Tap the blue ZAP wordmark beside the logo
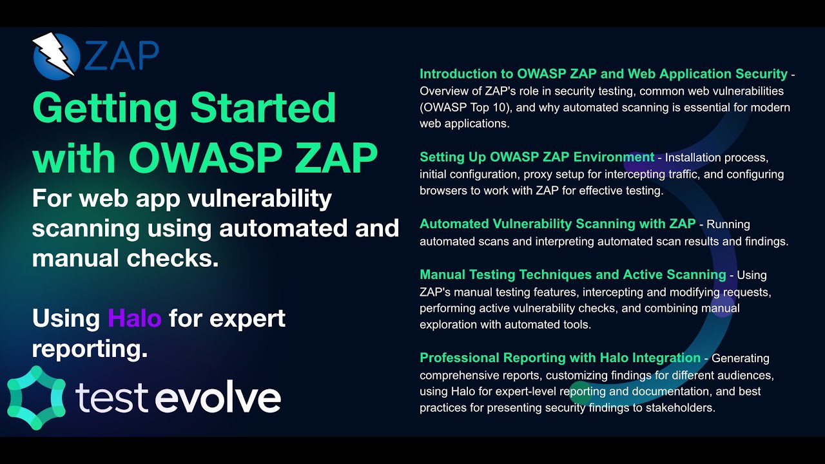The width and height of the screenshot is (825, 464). (x=121, y=57)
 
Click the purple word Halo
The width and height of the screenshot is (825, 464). (x=134, y=318)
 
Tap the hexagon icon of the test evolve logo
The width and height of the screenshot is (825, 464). (x=37, y=398)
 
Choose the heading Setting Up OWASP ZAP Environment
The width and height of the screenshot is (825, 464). (x=537, y=157)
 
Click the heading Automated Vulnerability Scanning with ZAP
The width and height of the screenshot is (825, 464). (x=558, y=224)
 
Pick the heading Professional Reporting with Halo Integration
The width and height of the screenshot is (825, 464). (x=559, y=358)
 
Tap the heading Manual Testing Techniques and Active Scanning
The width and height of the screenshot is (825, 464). (x=572, y=275)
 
